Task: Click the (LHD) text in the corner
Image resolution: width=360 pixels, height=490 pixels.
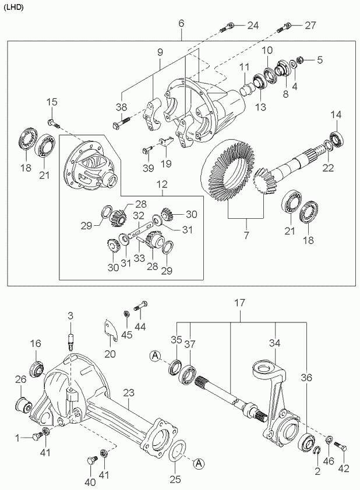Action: point(13,8)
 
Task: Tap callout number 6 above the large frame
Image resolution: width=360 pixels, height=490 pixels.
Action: point(181,23)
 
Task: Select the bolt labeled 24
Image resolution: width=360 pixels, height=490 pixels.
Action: point(227,27)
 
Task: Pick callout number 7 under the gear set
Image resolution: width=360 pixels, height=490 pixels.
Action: point(246,235)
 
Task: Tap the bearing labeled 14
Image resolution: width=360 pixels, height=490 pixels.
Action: point(337,139)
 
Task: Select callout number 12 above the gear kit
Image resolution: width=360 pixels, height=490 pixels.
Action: point(163,184)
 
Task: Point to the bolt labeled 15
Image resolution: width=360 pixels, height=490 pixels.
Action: point(54,124)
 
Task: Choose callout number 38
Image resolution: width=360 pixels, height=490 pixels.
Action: point(121,107)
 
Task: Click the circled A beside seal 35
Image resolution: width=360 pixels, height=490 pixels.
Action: point(155,356)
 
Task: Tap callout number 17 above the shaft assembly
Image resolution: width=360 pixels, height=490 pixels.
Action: point(240,303)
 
